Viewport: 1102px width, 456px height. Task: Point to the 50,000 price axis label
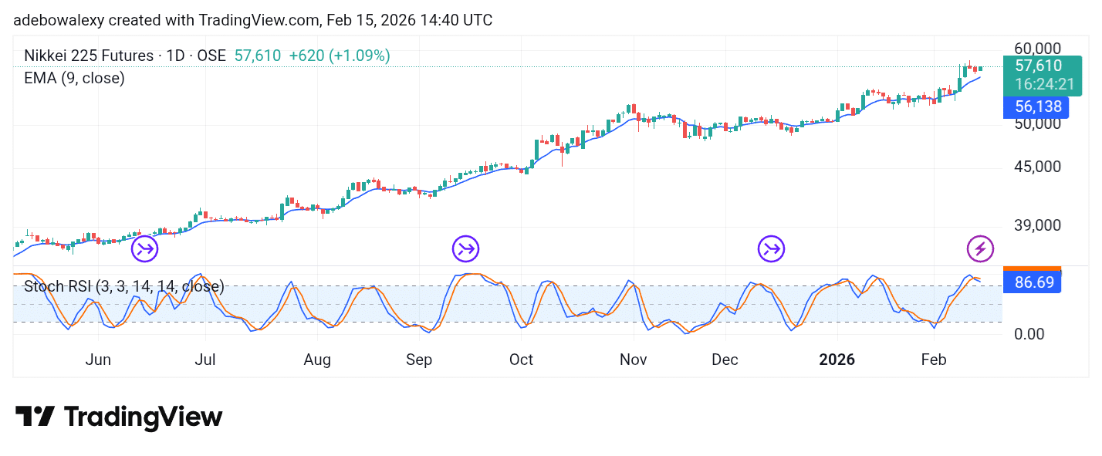pos(1038,123)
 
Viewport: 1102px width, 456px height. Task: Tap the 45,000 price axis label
pos(1038,167)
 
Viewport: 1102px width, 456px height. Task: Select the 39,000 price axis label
pos(1038,225)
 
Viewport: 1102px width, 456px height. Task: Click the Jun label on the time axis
pos(98,360)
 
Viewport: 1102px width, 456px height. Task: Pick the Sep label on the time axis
pos(419,360)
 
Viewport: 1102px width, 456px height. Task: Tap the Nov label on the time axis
pos(633,360)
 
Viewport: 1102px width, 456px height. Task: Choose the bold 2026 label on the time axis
pos(837,360)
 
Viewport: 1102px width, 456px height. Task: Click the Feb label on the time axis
pos(934,360)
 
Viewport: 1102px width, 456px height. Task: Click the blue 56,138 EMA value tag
pos(1036,107)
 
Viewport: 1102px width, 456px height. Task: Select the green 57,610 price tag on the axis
pos(1038,66)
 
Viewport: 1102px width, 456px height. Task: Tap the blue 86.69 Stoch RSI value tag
pos(1033,282)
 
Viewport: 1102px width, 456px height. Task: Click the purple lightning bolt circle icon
pos(981,248)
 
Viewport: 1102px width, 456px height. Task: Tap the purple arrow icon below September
pos(465,248)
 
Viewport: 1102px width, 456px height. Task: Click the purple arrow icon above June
pos(144,248)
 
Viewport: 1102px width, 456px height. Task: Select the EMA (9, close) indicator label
pos(74,78)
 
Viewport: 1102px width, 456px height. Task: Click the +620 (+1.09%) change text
pos(340,56)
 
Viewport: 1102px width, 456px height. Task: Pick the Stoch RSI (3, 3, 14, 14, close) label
pos(124,287)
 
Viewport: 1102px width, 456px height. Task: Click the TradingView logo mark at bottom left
pos(35,417)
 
